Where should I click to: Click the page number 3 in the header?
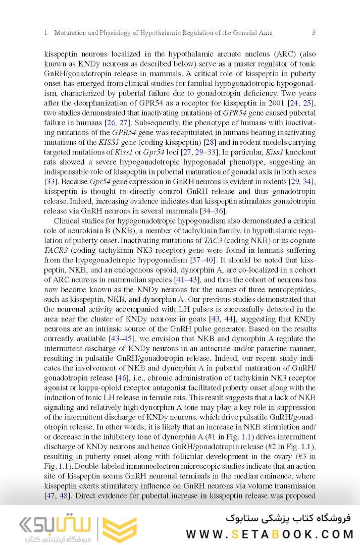[314, 33]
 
